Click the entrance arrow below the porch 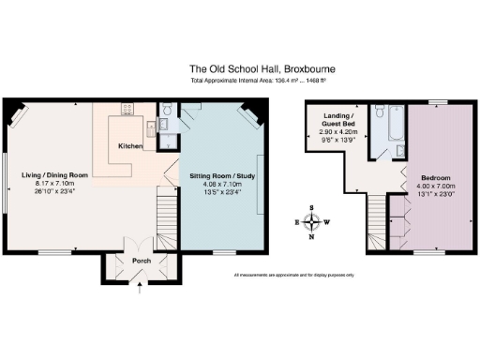point(141,290)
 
